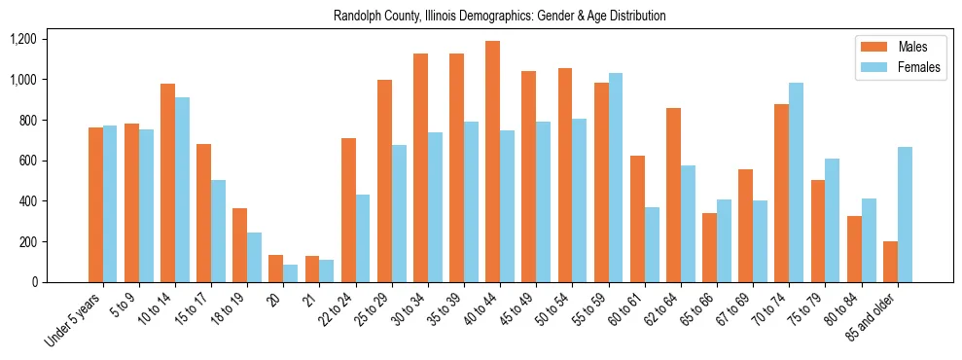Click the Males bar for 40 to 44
coord(492,162)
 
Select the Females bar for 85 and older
coord(905,214)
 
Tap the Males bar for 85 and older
coord(890,262)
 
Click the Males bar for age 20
coord(275,269)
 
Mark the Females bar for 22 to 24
coord(363,238)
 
